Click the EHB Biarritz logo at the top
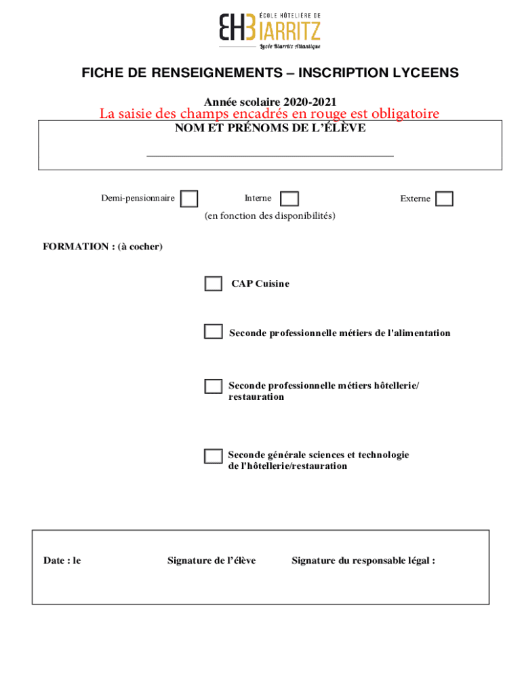269,30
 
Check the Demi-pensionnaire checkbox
189,199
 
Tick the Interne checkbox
289,199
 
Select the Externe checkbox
444,199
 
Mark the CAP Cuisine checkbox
214,283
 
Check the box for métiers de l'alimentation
214,331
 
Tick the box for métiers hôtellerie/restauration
214,386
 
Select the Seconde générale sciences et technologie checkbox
214,456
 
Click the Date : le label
62,560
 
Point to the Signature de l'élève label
212,560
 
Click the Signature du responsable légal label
363,560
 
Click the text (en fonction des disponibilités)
270,216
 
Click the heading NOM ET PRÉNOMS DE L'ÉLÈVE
270,128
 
